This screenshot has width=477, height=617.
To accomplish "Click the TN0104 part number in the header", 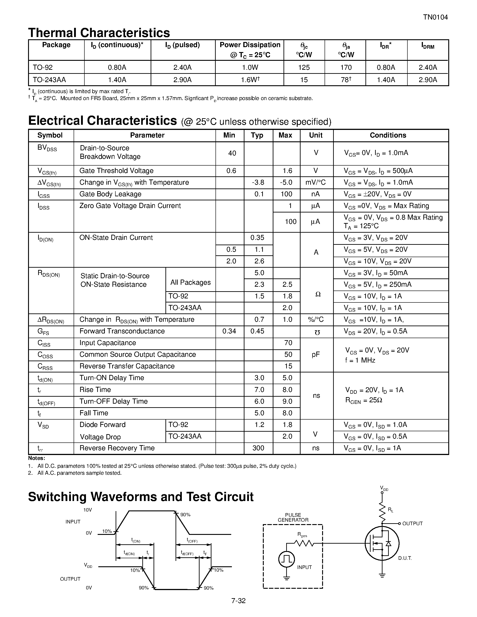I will point(435,18).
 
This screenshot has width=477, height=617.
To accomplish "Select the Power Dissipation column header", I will point(250,49).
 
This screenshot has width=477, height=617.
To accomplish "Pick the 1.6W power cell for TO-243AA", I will point(250,80).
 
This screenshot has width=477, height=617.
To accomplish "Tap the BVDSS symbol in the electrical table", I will point(47,148).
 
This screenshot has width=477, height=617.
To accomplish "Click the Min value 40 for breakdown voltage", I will point(232,153).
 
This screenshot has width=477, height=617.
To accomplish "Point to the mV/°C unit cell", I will point(316,182).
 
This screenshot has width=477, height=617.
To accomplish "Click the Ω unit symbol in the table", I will point(318,294).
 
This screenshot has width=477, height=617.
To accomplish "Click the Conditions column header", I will point(388,135).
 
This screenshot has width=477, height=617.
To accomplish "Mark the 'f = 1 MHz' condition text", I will point(360,360).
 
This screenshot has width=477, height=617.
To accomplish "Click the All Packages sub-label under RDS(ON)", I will point(190,282).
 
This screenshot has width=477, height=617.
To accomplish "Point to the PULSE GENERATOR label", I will point(293,517).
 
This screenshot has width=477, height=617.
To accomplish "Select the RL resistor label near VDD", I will point(390,510).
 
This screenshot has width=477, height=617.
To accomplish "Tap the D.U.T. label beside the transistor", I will point(405,558).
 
